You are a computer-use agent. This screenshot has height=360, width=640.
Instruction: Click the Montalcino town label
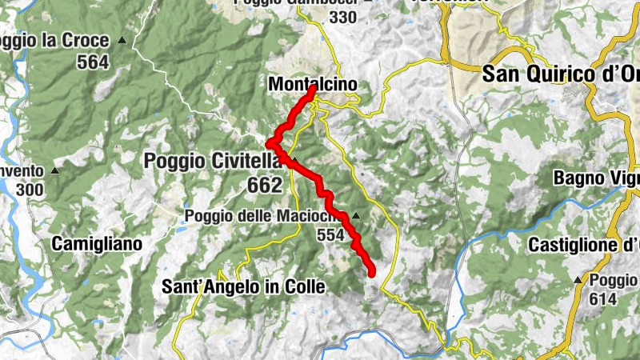point(313,84)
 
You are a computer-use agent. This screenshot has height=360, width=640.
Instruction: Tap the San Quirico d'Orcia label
point(560,74)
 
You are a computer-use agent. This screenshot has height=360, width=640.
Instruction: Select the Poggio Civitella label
point(213,161)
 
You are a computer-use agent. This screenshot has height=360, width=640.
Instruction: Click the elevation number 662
point(265,186)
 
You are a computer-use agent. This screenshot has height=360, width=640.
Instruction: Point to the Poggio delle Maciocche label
point(265,216)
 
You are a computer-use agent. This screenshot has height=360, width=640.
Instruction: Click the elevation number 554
point(329,234)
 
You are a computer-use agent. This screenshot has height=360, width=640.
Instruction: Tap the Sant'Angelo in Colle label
point(243,286)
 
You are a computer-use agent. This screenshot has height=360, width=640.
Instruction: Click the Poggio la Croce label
point(56,40)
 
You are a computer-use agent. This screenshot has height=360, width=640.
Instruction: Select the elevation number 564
point(93,62)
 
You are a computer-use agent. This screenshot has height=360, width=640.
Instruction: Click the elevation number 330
point(342,17)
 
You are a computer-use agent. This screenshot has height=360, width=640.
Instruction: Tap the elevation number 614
point(605,299)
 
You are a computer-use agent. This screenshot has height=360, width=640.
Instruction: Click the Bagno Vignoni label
point(596,178)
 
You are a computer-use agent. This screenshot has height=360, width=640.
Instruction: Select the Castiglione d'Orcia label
point(583,245)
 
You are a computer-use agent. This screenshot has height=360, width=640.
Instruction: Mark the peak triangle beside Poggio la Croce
point(122,39)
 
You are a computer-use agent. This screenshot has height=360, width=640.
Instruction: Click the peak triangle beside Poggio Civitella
point(294,160)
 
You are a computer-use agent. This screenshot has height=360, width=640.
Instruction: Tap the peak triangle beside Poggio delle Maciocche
point(356,216)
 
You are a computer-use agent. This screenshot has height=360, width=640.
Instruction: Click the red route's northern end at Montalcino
point(311,90)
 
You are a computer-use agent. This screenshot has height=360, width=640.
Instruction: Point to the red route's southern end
point(371,273)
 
